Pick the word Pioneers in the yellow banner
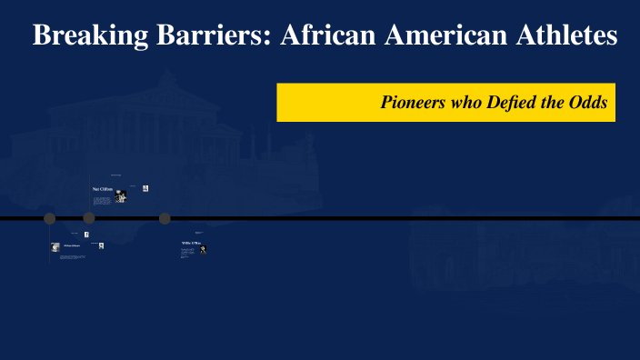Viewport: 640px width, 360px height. click(x=414, y=103)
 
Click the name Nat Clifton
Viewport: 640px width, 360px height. click(x=102, y=188)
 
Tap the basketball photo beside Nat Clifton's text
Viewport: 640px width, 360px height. click(x=120, y=196)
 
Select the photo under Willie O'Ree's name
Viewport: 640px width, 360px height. click(x=204, y=249)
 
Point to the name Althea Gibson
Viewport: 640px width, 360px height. click(x=72, y=245)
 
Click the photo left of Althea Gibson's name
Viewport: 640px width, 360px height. click(x=55, y=246)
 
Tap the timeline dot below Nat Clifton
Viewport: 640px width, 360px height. click(x=89, y=218)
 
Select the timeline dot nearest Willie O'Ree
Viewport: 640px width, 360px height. click(x=165, y=218)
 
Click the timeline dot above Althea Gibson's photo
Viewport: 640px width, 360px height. click(x=50, y=218)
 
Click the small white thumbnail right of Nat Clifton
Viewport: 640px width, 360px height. click(x=145, y=188)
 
